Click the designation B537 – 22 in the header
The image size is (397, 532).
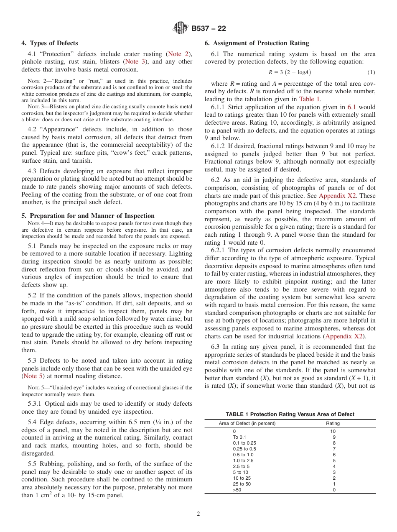click(209, 28)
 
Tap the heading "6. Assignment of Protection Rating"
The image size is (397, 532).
click(257, 43)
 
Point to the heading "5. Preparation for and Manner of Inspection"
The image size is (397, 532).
click(88, 216)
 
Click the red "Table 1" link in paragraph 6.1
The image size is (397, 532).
click(309, 99)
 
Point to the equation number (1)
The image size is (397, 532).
click(371, 72)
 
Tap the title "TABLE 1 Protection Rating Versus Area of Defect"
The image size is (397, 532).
click(290, 414)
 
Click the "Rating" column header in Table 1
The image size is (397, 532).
click(333, 423)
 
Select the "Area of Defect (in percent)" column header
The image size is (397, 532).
click(247, 423)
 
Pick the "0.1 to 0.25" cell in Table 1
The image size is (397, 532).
click(244, 443)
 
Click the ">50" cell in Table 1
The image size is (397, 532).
click(237, 490)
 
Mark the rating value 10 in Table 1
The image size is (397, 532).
click(333, 431)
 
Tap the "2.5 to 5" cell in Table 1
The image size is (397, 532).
click(241, 466)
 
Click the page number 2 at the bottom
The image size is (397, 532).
click(198, 514)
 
